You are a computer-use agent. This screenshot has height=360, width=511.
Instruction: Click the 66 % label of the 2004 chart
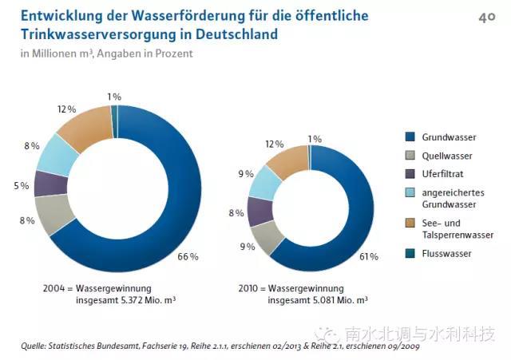point(188,257)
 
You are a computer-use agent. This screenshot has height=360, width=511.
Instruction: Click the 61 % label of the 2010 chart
point(369,257)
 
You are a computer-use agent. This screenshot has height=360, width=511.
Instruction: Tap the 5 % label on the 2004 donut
point(22,186)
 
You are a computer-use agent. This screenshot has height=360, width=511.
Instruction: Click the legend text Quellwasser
point(449,156)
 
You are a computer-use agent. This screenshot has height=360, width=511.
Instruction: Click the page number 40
point(486,16)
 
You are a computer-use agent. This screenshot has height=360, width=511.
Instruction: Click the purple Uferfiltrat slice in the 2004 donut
point(51,184)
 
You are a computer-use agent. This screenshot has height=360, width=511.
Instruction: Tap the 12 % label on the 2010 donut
point(275,144)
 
